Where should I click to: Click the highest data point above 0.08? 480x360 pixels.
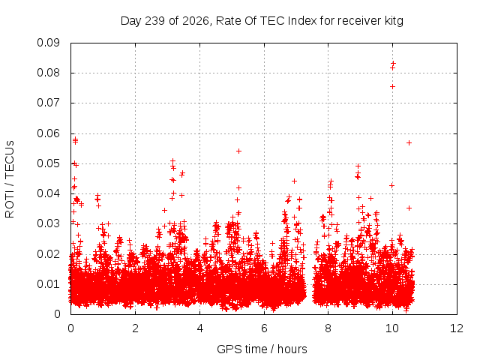393,64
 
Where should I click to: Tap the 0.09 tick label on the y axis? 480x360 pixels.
48,43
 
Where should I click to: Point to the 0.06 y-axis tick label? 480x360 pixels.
48,133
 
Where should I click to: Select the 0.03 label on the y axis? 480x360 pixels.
48,223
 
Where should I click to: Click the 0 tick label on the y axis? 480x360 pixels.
57,314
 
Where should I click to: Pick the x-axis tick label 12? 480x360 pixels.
457,328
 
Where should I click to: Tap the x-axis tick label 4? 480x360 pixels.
200,328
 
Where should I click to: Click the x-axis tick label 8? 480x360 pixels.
328,328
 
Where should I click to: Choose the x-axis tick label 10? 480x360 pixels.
392,328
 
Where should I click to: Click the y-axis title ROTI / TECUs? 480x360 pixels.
10,179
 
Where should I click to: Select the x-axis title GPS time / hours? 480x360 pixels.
262,349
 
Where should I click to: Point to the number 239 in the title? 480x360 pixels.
155,21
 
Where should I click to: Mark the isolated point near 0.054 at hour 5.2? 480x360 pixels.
238,151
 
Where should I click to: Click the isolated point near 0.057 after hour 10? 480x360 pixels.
409,142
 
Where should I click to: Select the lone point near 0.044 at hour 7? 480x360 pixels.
294,181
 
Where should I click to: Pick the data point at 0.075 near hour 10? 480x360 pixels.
392,87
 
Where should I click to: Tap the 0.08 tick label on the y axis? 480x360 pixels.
48,73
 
